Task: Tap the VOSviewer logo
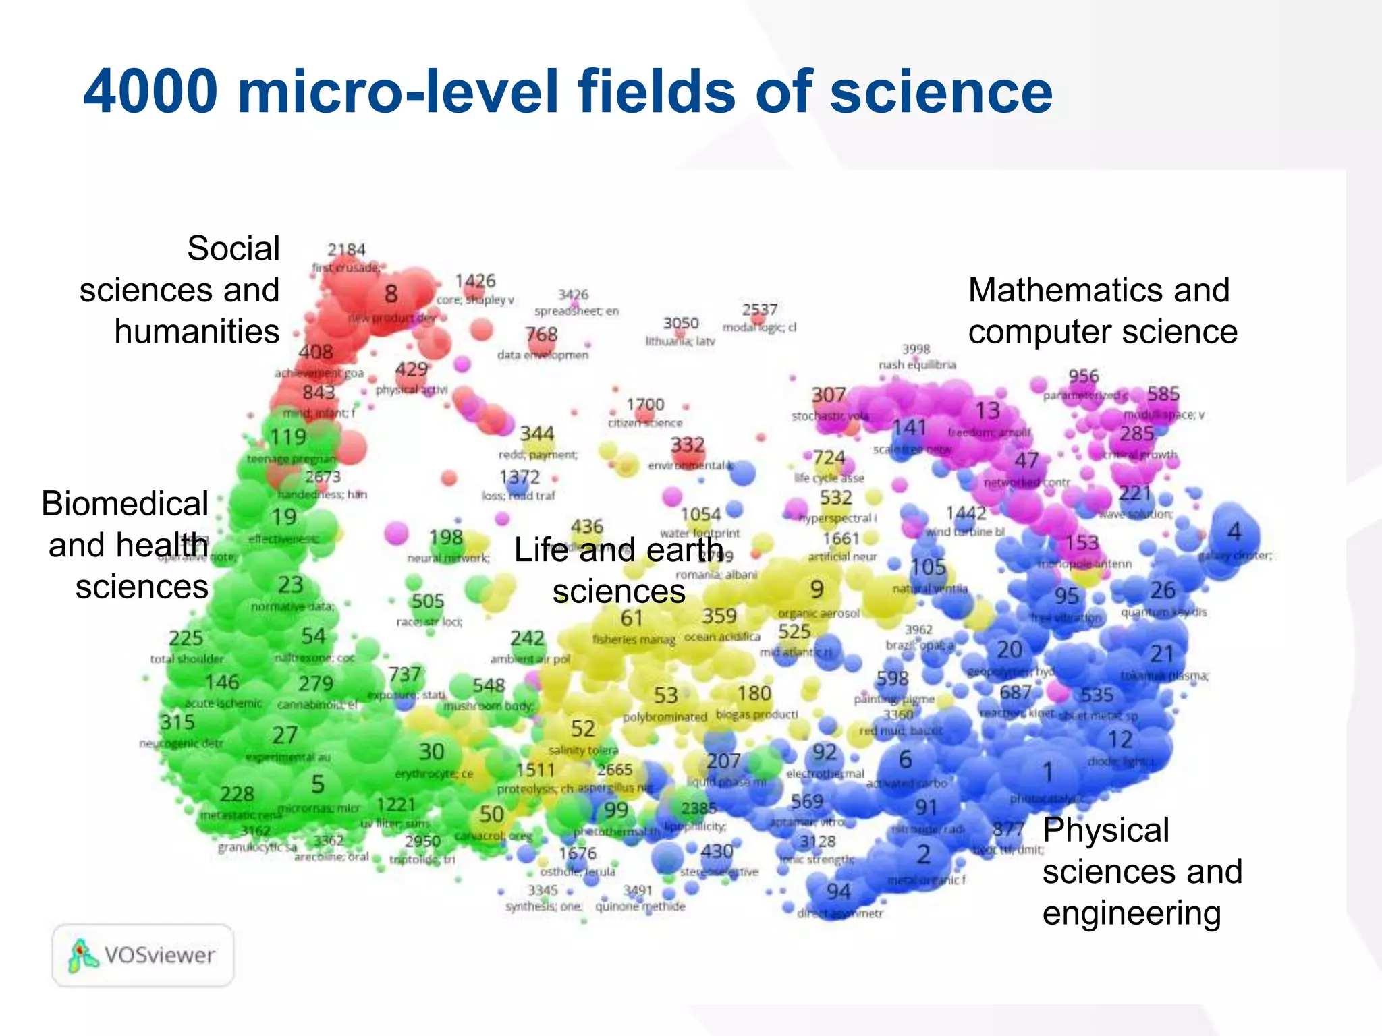tap(142, 955)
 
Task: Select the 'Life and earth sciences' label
tap(618, 571)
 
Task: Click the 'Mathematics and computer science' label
tap(1102, 311)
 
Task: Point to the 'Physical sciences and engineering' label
tap(1142, 871)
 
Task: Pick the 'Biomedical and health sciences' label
tap(126, 545)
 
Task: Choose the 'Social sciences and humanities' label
tap(180, 290)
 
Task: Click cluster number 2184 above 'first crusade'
tap(346, 250)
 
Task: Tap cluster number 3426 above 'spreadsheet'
tap(573, 295)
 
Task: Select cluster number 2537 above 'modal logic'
tap(760, 310)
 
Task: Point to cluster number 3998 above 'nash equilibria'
tap(916, 349)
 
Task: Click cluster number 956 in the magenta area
tap(1083, 376)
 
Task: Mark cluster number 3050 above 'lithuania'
tap(680, 324)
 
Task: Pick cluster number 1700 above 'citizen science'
tap(645, 405)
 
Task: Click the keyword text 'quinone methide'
tap(640, 906)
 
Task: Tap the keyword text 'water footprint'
tap(700, 533)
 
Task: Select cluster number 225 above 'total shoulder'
tap(186, 638)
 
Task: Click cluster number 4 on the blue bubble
tap(1234, 532)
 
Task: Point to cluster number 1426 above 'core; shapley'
tap(475, 281)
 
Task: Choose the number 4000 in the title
tap(150, 92)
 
